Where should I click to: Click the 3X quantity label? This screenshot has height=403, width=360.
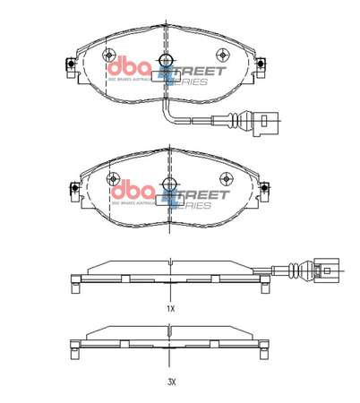pos(170,382)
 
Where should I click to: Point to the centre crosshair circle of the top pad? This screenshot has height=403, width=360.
pos(167,61)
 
